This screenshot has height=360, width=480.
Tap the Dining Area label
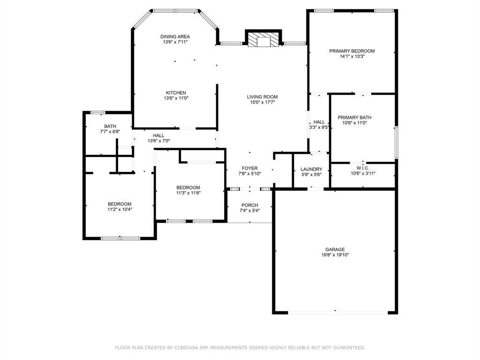click(175, 37)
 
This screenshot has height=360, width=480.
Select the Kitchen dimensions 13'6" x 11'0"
click(176, 98)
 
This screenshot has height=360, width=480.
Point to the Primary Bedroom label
click(352, 51)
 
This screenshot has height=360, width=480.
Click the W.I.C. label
click(363, 168)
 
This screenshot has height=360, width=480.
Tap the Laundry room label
click(311, 169)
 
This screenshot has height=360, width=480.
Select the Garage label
click(335, 249)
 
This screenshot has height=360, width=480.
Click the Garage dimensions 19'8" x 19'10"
click(335, 255)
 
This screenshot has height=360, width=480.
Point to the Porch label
click(249, 205)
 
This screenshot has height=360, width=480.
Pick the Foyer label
click(249, 168)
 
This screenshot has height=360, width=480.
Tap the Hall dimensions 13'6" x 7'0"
click(158, 141)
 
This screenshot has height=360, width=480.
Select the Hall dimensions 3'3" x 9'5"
click(319, 127)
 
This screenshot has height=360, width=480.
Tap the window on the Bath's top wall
click(97, 112)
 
